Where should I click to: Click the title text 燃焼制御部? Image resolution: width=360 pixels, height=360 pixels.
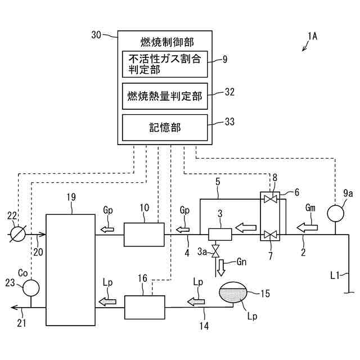point(167,42)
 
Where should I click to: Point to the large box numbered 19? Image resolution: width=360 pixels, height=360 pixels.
point(70,269)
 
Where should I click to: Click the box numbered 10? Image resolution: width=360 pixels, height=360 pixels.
point(143,234)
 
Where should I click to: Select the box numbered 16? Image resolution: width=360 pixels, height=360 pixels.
point(145,307)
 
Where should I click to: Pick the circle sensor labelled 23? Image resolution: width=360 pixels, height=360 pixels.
point(30,287)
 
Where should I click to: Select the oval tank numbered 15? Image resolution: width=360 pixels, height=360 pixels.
point(235,294)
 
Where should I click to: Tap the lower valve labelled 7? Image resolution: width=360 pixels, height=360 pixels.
point(272,235)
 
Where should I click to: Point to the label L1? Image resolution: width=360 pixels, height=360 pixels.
point(335,276)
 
